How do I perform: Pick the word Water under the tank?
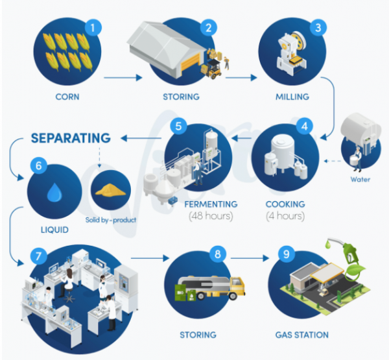coord(360,179)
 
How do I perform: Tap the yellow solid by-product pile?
coord(111,190)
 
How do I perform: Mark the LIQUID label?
coord(54,230)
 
